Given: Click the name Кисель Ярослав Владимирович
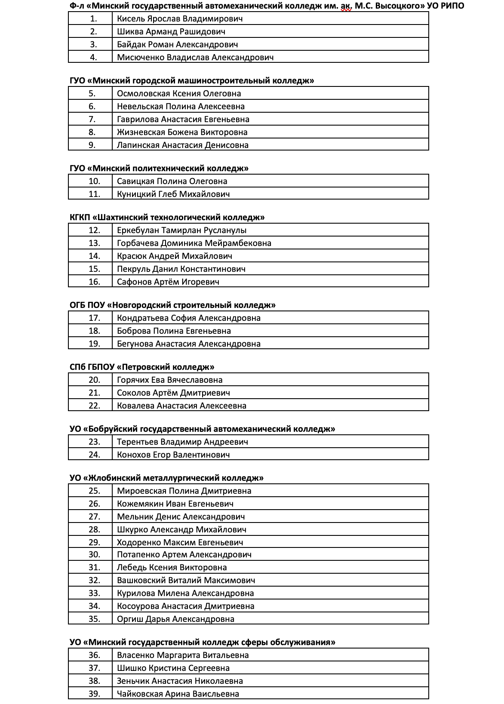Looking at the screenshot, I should pyautogui.click(x=180, y=19).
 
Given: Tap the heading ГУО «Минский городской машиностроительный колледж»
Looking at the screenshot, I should pyautogui.click(x=192, y=81).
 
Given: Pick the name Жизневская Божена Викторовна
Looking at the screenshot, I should pyautogui.click(x=182, y=132).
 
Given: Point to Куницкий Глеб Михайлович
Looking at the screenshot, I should pyautogui.click(x=173, y=194).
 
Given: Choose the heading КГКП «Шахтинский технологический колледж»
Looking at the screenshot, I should pyautogui.click(x=167, y=218).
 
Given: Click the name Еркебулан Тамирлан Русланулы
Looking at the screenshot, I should pyautogui.click(x=182, y=231).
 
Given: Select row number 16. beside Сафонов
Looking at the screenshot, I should pyautogui.click(x=94, y=282).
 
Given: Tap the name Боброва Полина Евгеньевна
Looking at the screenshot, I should pyautogui.click(x=174, y=331).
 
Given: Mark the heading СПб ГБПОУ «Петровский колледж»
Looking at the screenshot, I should pyautogui.click(x=142, y=367).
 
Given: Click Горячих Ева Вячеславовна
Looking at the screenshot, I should pyautogui.click(x=170, y=380).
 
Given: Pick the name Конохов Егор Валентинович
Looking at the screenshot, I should pyautogui.click(x=173, y=455).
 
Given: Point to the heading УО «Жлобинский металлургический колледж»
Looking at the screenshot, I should pyautogui.click(x=166, y=478).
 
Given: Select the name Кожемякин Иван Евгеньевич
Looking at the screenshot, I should pyautogui.click(x=175, y=504).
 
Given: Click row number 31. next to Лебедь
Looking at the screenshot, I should pyautogui.click(x=94, y=568).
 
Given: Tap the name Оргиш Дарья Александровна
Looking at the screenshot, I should pyautogui.click(x=175, y=619).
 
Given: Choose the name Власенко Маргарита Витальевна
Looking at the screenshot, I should pyautogui.click(x=183, y=655).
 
